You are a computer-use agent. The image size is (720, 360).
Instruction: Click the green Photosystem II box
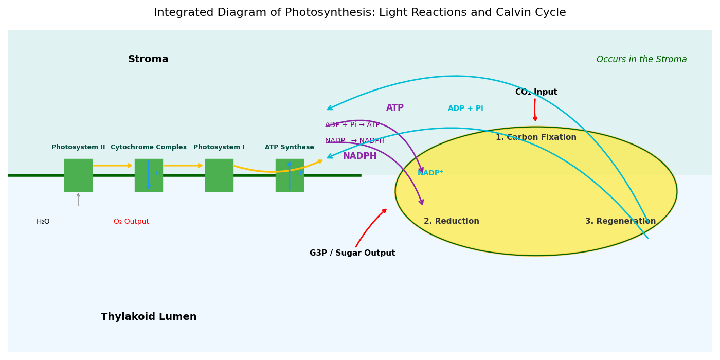pos(78,175)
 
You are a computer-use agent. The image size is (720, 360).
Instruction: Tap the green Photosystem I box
pos(219,175)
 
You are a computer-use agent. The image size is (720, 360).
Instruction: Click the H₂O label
pos(43,222)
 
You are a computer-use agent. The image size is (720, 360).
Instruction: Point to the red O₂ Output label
pos(131,222)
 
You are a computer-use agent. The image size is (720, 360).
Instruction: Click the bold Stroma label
pos(148,59)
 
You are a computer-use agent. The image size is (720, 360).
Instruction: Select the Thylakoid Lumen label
pos(149,317)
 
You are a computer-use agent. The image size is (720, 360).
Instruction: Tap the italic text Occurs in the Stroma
pos(641,60)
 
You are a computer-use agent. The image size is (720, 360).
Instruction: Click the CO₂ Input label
pos(536,92)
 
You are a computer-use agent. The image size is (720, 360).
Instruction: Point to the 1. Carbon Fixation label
pos(536,137)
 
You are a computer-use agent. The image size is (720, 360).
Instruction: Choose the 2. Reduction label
pos(451,221)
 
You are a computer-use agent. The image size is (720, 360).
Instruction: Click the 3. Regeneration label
pos(620,221)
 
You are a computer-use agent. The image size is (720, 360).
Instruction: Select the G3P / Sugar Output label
pos(352,253)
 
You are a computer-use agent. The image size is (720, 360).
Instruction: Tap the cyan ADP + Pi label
pos(465,109)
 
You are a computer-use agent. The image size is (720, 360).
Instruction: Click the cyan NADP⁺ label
pos(430,173)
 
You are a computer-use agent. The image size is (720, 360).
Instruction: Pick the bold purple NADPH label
pos(359,156)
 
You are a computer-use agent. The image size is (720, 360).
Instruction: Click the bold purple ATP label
pos(395,108)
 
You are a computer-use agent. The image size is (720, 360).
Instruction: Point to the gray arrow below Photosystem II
pos(78,200)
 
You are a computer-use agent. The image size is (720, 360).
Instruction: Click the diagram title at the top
pos(359,13)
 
